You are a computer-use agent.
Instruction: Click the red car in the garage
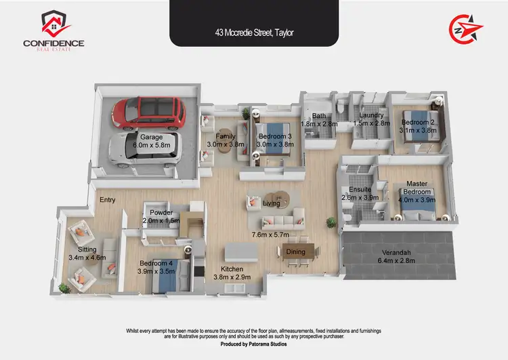(x=149, y=114)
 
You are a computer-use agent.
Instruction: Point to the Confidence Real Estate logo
(x=54, y=31)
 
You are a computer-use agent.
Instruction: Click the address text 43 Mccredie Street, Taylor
(x=254, y=31)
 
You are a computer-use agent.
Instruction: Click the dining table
(x=296, y=252)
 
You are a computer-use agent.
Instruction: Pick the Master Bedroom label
(x=417, y=188)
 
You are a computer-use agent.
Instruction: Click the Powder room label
(x=161, y=212)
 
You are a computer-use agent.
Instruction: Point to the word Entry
(x=108, y=200)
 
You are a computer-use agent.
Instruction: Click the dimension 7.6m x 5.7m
(x=270, y=235)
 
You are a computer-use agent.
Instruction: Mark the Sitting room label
(x=87, y=249)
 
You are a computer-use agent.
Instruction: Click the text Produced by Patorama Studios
(x=253, y=344)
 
